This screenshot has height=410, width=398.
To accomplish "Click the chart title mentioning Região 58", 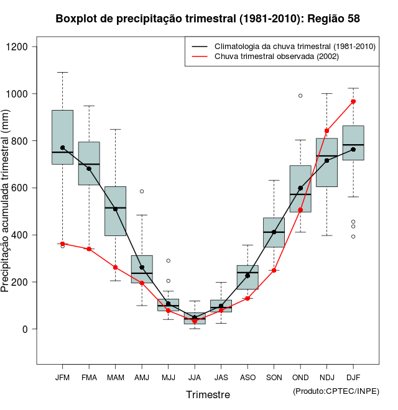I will (x=208, y=19).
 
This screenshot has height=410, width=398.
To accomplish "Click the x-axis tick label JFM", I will (x=62, y=377).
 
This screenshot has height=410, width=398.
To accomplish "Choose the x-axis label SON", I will (x=274, y=377).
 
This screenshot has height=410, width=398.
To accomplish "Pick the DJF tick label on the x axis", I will (x=353, y=377).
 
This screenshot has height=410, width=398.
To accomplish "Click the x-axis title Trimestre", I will (x=208, y=394).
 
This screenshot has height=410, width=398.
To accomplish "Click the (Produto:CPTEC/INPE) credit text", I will (x=336, y=391).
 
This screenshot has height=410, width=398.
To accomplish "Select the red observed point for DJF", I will (x=353, y=101).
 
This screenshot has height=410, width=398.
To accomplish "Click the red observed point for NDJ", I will (x=327, y=131).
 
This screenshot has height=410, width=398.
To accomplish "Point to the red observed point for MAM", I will (x=115, y=267).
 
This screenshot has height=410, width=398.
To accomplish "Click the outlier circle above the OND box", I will (x=300, y=96).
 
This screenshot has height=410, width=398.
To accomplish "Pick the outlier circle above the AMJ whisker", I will (x=142, y=191).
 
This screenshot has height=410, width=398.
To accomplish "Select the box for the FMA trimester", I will (x=89, y=163).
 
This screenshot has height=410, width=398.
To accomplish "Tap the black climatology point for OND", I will (x=300, y=188).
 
